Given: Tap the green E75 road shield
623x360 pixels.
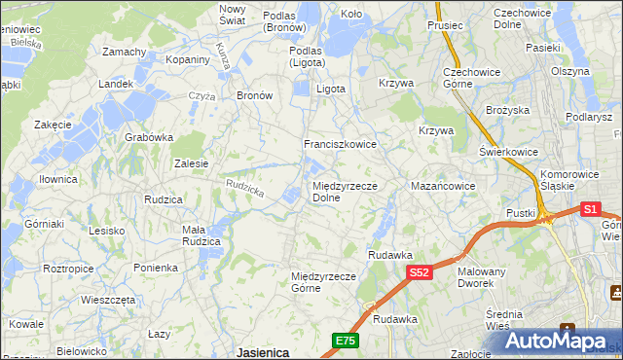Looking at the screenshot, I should [345, 340].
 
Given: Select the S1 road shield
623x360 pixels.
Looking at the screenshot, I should [590, 208].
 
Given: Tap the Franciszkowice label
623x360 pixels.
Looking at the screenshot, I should [340, 144].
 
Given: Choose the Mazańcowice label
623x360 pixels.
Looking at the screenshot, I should [443, 185].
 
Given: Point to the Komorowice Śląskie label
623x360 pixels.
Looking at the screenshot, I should [571, 181].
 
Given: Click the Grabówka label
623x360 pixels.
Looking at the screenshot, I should [148, 137].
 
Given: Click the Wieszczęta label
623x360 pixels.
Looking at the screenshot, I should [108, 300].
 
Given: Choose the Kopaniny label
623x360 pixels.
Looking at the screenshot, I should [188, 59].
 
